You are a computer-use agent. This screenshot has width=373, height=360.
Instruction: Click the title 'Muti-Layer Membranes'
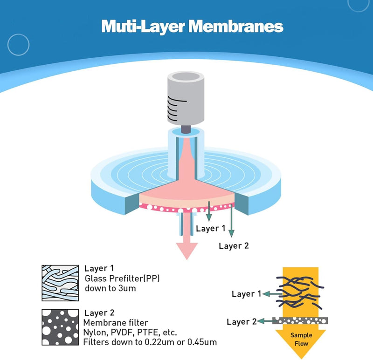192,26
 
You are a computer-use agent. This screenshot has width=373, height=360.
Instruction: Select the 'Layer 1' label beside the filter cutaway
210,228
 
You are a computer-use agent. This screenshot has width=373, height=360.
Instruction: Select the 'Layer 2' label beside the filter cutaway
234,246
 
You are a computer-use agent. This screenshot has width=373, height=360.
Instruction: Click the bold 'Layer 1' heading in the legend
99,269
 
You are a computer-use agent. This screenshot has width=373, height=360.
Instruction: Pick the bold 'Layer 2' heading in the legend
99,312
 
